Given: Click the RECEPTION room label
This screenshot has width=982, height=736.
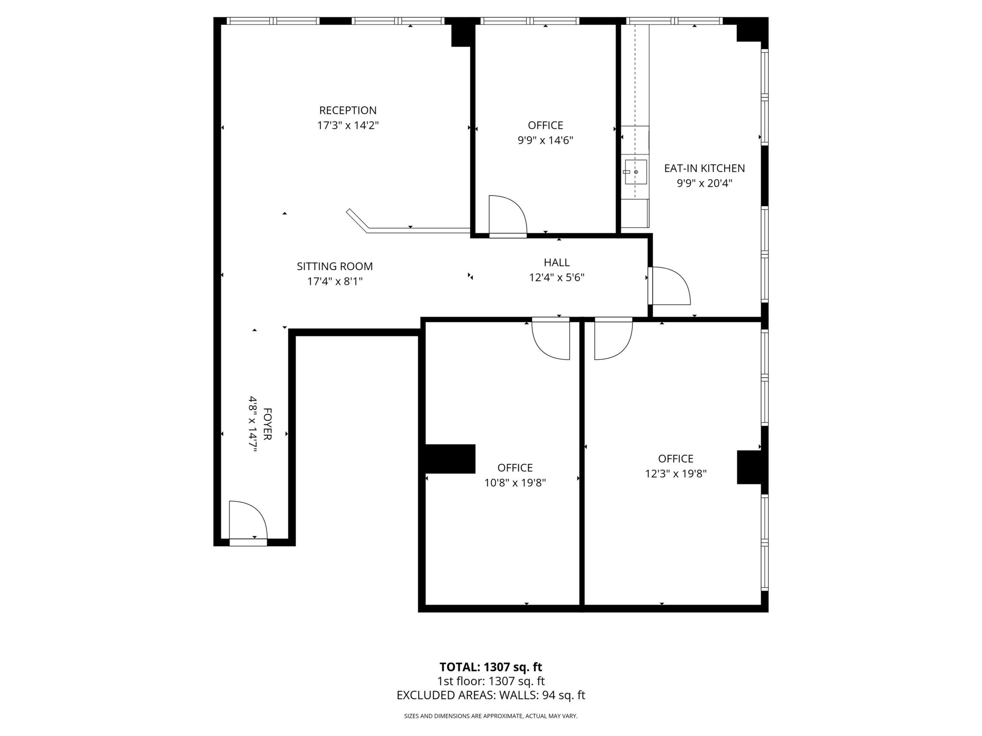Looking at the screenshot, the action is [x=348, y=110].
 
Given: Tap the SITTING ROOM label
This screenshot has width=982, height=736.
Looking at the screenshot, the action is [x=335, y=267].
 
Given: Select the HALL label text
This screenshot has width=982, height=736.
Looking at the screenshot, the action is [x=557, y=263].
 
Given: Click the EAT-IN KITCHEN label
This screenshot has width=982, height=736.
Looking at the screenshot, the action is [x=705, y=169].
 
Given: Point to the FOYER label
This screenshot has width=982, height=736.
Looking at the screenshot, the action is [x=267, y=424].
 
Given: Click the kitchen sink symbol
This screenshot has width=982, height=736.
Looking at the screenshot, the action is [x=636, y=172].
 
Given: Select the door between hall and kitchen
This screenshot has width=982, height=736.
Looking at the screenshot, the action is [x=670, y=286].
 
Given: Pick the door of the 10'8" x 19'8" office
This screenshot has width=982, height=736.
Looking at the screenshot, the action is [x=550, y=339].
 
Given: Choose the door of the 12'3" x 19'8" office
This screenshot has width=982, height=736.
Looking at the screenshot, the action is [x=613, y=339].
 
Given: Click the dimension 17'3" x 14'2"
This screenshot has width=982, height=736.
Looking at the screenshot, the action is [x=348, y=125].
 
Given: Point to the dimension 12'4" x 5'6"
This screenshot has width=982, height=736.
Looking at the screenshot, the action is [x=557, y=278].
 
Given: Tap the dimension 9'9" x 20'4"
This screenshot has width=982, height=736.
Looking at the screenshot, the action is [x=705, y=183].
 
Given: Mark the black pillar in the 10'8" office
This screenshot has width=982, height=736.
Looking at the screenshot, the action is [x=450, y=459].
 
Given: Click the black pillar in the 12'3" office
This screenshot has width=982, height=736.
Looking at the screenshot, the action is [x=749, y=467].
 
